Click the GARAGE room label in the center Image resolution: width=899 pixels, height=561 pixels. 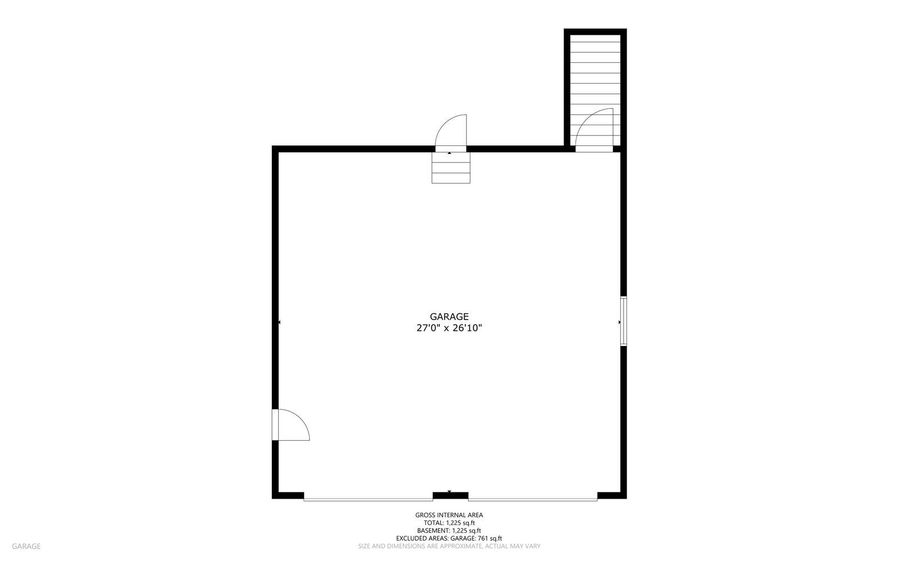tap(449, 317)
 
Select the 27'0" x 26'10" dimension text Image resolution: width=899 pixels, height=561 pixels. tap(449, 329)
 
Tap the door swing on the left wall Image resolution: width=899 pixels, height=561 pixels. tap(290, 425)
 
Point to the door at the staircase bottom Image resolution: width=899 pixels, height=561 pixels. tap(594, 129)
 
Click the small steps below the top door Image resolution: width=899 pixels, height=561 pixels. tap(451, 168)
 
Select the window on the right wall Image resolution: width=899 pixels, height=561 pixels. tap(623, 321)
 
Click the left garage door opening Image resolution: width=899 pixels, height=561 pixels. tap(368, 498)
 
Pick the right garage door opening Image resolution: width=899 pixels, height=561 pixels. tap(533, 498)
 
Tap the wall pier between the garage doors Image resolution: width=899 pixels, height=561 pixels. tap(450, 495)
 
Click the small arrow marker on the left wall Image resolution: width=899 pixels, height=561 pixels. tap(279, 322)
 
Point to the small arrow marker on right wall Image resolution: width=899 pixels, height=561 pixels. tap(619, 322)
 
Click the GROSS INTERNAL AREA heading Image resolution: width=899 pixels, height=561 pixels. tap(449, 515)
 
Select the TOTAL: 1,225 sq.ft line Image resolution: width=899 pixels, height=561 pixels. tap(449, 523)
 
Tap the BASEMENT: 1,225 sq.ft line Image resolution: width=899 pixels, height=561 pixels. tap(449, 531)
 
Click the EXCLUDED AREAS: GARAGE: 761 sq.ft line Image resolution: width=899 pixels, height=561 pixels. tap(449, 539)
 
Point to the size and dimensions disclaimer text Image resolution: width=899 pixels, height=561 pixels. tap(449, 546)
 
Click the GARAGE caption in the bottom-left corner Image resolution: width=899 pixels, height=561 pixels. tap(26, 546)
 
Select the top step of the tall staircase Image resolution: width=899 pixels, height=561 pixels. tap(595, 43)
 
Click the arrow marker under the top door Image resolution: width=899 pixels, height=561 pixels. tap(449, 153)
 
